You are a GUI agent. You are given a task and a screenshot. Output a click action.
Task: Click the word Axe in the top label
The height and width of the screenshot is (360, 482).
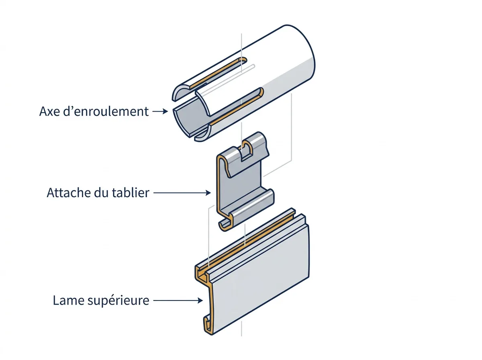pos(49,111)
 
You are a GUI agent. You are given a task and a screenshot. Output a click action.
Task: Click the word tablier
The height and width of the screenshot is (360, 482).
pos(131,192)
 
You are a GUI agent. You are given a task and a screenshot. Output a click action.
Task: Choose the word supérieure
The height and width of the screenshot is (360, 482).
pos(118,301)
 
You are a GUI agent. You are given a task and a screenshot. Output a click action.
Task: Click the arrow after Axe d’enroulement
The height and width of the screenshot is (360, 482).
pos(160,111)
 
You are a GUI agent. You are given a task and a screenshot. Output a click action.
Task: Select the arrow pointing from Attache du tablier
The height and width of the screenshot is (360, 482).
pos(182,193)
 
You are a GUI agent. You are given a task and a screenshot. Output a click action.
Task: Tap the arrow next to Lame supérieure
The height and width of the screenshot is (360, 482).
pos(178,300)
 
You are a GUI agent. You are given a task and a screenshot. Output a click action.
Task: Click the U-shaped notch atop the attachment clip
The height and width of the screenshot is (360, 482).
pos(246,151)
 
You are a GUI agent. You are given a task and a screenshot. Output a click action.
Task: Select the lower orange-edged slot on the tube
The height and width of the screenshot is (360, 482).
pos(236,106)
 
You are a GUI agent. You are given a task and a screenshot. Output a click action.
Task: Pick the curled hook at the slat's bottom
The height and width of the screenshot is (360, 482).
pos(208,323)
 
